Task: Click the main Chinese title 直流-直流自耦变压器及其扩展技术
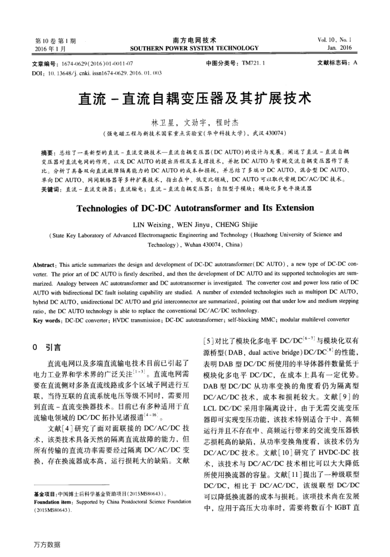(x=194, y=99)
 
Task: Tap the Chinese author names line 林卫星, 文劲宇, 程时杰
(x=194, y=123)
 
